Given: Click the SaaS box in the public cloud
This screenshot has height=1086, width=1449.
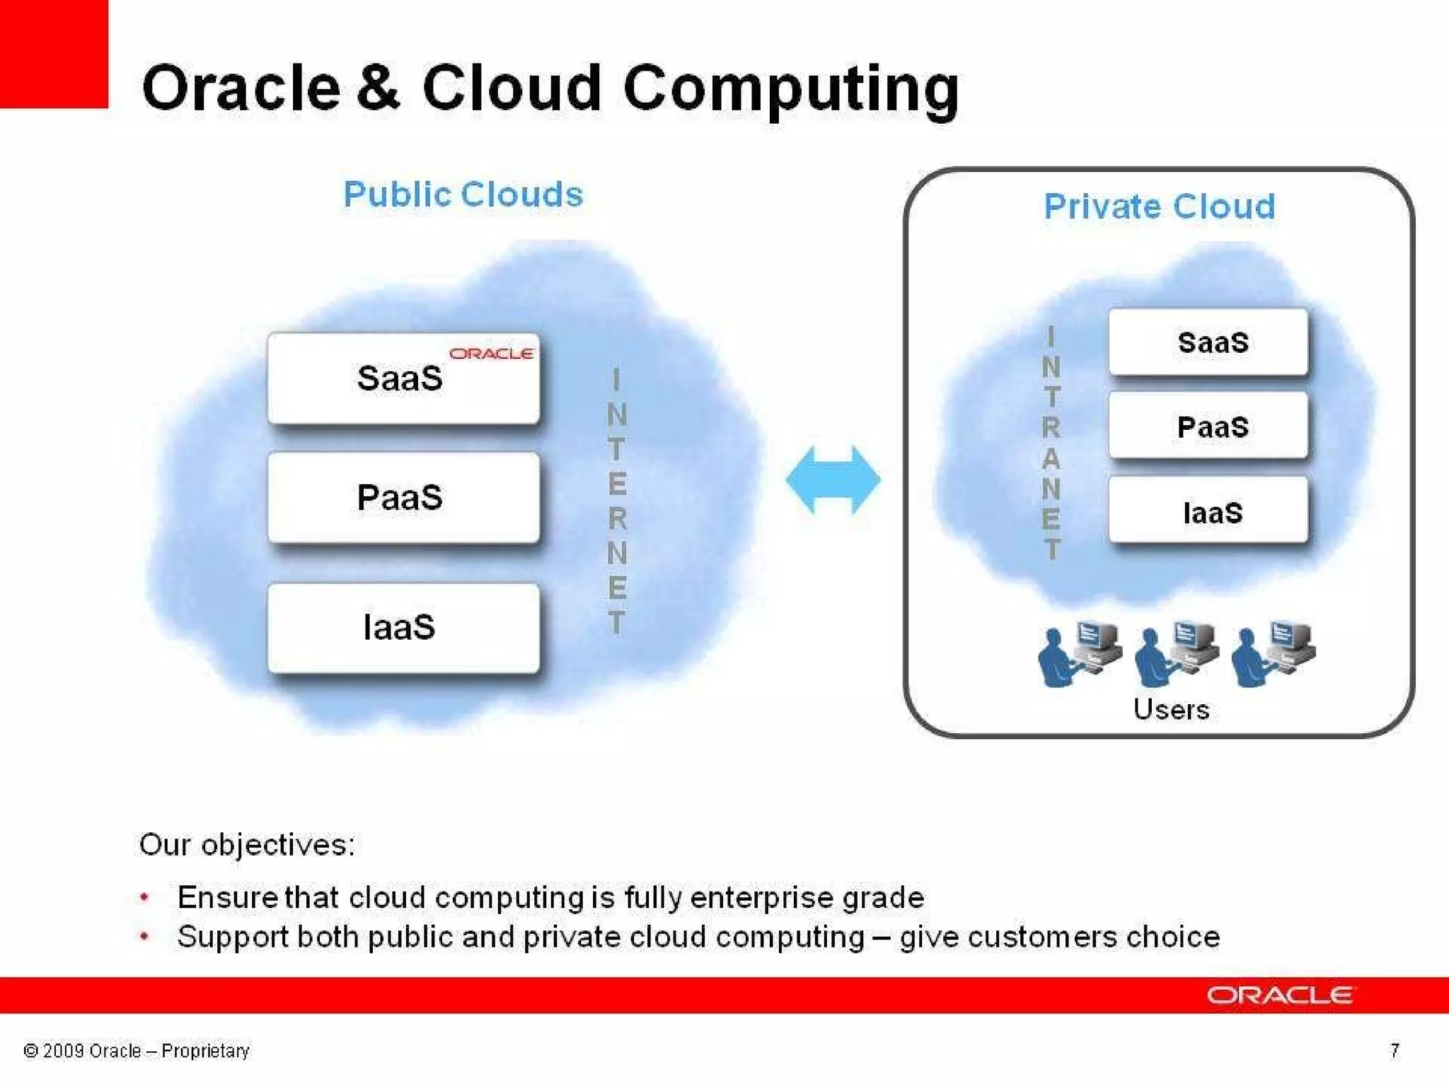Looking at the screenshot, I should (x=403, y=379).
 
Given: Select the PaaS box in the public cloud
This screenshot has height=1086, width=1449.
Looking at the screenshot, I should (x=403, y=498).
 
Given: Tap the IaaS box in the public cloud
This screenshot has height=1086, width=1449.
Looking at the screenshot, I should (x=403, y=628).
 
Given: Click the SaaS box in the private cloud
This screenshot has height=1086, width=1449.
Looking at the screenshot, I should (x=1208, y=343).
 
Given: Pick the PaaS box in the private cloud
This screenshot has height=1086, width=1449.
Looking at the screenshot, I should (x=1208, y=427).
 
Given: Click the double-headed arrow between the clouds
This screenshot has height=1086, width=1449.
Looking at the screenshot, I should (x=833, y=480).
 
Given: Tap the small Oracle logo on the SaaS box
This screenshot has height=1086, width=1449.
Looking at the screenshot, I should (x=491, y=354).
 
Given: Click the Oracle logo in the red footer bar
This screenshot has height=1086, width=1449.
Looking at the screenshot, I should (x=1279, y=995).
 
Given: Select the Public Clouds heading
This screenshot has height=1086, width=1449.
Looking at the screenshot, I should (x=463, y=194).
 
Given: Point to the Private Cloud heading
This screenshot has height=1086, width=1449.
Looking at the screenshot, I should (x=1160, y=206).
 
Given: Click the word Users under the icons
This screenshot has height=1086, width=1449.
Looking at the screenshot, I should (x=1171, y=709).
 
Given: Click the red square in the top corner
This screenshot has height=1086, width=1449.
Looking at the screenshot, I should (x=54, y=54).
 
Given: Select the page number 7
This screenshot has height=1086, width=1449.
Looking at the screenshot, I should (x=1394, y=1051).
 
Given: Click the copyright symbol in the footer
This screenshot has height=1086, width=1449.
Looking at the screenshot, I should (x=30, y=1051).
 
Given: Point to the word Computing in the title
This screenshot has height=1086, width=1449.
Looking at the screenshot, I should (x=790, y=89).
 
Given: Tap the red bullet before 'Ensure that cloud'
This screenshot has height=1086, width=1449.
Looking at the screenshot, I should (x=144, y=897).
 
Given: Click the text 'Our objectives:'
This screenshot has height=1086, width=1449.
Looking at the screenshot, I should (x=247, y=845).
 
